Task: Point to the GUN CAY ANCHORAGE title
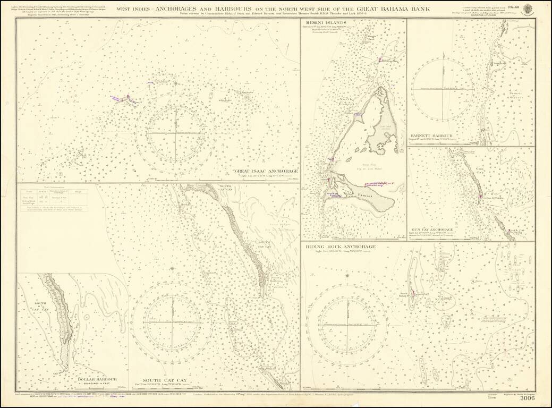click(x=432, y=229)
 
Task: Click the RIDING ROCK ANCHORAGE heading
click(x=341, y=247)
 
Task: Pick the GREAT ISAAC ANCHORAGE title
click(x=266, y=171)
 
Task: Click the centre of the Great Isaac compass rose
click(x=175, y=131)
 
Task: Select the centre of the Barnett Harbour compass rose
click(x=443, y=87)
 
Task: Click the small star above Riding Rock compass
click(x=347, y=275)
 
